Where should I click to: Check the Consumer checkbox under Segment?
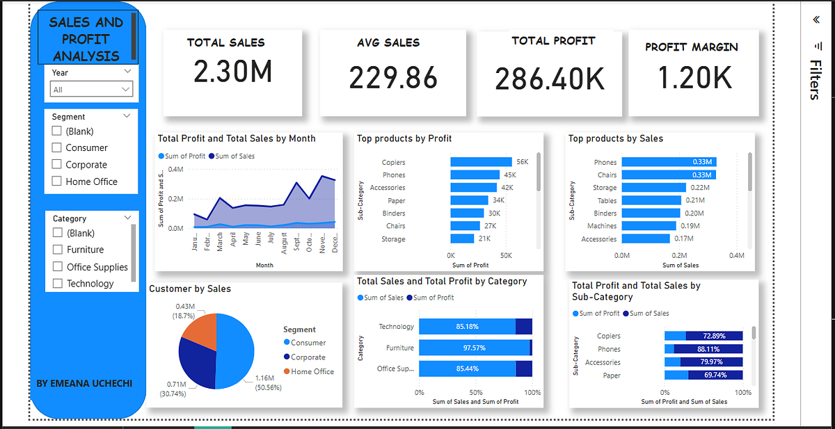(x=57, y=148)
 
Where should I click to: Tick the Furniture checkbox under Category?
(x=58, y=250)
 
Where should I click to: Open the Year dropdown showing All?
(x=91, y=90)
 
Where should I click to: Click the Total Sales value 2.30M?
(x=232, y=72)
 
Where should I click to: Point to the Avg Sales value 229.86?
(x=393, y=78)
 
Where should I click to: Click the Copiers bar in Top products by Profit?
(x=480, y=162)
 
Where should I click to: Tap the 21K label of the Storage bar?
(x=485, y=239)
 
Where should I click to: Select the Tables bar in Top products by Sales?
(x=651, y=200)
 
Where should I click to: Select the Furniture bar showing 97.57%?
(x=473, y=348)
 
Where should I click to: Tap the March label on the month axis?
(x=220, y=245)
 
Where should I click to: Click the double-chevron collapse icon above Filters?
(x=816, y=20)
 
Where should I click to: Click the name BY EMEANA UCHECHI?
(x=84, y=384)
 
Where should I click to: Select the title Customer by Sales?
(x=189, y=289)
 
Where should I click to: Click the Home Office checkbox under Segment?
(x=57, y=182)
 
